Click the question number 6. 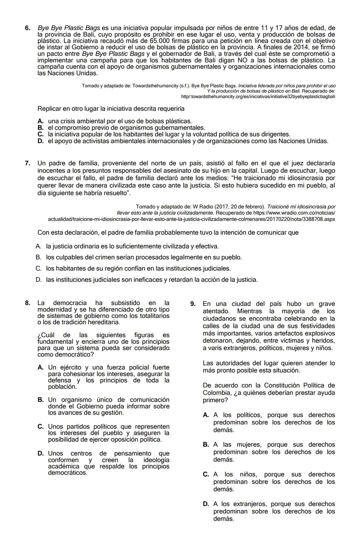coord(28,28)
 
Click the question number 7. coord(28,163)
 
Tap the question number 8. coord(28,303)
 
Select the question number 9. coord(193,304)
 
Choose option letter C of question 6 coord(41,134)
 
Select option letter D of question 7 coord(39,279)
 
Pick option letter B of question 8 coord(41,400)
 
